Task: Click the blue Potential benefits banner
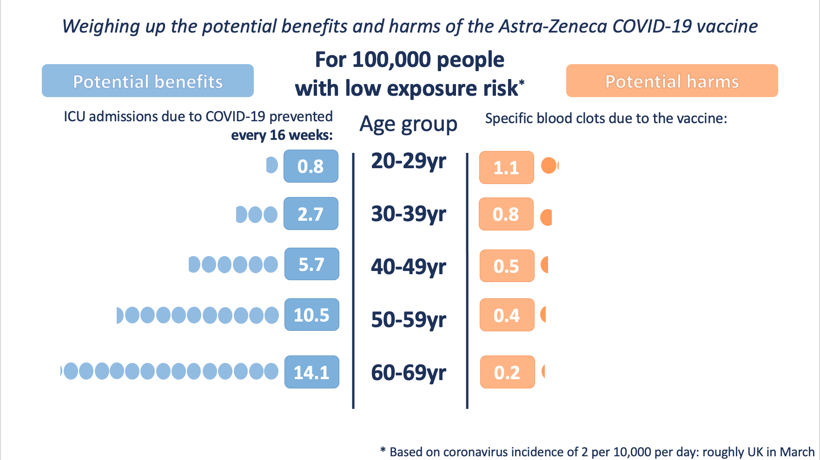148,81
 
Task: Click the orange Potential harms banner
672,81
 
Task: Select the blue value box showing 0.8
311,166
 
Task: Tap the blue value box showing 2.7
311,214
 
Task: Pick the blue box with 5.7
311,264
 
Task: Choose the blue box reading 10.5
311,315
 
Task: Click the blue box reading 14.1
311,372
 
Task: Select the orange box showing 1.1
506,167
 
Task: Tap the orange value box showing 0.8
506,214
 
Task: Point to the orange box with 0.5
507,266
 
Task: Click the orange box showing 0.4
507,315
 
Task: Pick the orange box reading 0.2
507,372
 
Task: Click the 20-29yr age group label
408,161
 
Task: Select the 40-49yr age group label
408,267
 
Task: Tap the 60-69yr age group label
408,373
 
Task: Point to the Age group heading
408,125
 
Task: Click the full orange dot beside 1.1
549,165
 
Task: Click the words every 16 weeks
282,135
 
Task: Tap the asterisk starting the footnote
383,450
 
